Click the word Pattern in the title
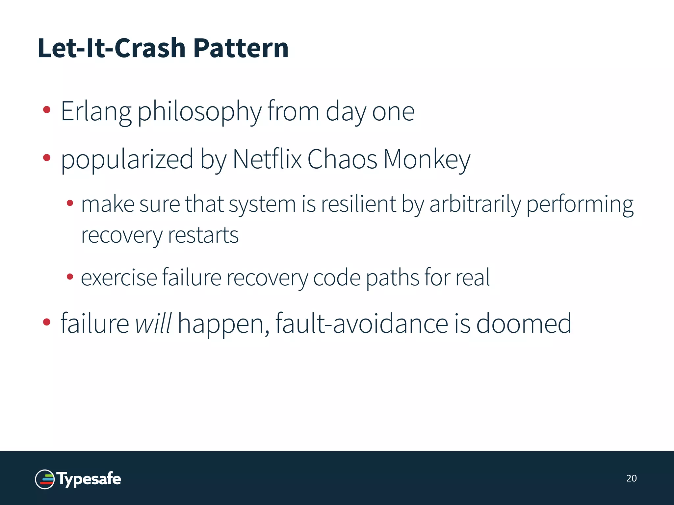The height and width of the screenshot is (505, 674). click(x=241, y=48)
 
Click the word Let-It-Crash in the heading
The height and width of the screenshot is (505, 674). click(x=112, y=48)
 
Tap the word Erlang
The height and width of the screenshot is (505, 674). click(x=96, y=112)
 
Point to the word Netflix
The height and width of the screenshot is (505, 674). click(x=267, y=159)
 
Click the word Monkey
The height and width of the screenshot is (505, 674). click(x=427, y=159)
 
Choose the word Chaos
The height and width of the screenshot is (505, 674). click(x=342, y=159)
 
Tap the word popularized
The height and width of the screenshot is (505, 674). click(x=127, y=159)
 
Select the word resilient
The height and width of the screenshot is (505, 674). click(x=359, y=204)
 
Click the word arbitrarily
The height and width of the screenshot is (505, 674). click(x=475, y=204)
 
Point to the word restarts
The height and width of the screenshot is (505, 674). click(x=203, y=235)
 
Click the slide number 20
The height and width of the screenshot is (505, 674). click(x=631, y=478)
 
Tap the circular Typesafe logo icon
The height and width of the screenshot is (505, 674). click(x=45, y=479)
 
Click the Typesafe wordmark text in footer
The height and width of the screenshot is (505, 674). click(x=89, y=479)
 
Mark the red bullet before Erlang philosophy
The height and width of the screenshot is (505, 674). click(x=47, y=110)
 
